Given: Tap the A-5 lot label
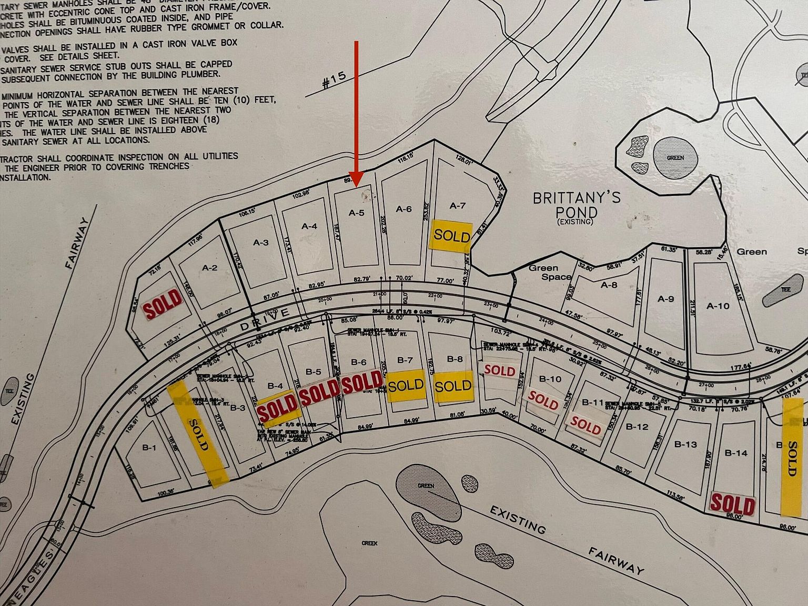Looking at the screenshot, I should tap(357, 213).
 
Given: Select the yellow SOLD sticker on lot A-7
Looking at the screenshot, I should tap(451, 235).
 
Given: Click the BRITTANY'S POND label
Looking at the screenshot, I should tap(577, 205).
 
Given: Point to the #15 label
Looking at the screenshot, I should tap(334, 80).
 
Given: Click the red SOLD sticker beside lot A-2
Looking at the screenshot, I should tap(163, 304).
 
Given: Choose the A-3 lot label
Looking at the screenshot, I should tap(261, 243).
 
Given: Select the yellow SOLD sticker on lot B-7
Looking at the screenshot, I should tap(406, 386).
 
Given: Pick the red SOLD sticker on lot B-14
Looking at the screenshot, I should tap(732, 504).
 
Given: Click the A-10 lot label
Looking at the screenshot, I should tap(718, 306).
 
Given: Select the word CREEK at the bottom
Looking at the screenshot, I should tap(369, 543).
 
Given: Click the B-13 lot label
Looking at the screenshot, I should tap(685, 444).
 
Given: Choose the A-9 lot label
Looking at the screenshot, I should tap(665, 299).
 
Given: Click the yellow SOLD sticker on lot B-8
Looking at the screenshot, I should tap(453, 386).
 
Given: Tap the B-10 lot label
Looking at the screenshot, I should tap(550, 379).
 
